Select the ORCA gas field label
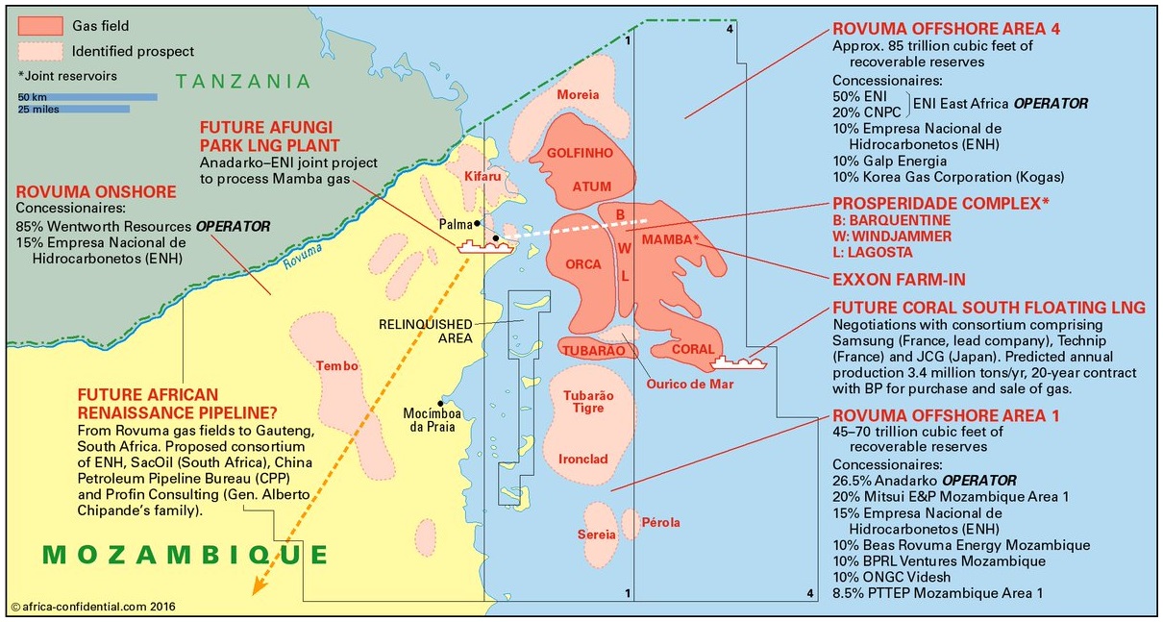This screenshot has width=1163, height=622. pos(583,264)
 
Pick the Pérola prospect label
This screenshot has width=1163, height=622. pos(662,523)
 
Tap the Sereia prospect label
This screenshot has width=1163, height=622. pos(596,535)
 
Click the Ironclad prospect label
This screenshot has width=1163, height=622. pos(582,460)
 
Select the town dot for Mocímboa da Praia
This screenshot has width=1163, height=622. pos(441,403)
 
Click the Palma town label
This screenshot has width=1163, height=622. pos(455,224)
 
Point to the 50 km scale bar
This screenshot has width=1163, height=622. pos(87,96)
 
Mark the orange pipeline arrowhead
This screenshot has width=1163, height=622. pos(255,588)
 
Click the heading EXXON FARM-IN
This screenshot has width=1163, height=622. pos(899,280)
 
